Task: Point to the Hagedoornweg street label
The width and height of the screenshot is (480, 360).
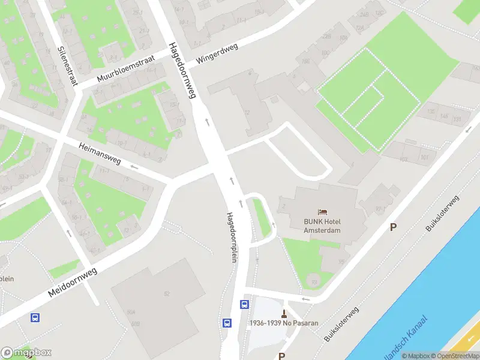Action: point(182,70)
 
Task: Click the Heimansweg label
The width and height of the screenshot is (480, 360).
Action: point(100,152)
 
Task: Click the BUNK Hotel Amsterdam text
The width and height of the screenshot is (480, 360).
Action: point(322,226)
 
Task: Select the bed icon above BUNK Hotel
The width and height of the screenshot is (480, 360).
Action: point(323,212)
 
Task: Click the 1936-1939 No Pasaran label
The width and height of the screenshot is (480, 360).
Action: point(284,323)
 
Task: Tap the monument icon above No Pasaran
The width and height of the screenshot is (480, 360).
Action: point(284,313)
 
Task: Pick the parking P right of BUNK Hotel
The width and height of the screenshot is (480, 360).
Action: point(394,227)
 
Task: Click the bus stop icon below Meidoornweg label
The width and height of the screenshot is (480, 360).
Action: point(36,317)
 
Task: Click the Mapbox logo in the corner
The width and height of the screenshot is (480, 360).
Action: point(26,353)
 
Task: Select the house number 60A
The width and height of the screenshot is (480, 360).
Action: point(131,313)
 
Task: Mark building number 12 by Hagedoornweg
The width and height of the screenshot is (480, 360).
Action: point(247,113)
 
